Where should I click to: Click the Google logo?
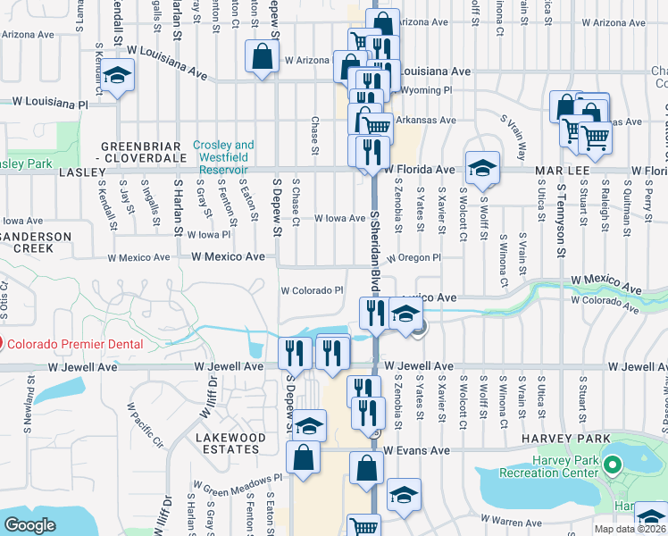tap(30, 525)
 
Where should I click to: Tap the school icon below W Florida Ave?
tap(482, 168)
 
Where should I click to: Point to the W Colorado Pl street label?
tap(313, 290)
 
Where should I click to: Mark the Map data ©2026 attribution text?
tap(632, 529)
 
